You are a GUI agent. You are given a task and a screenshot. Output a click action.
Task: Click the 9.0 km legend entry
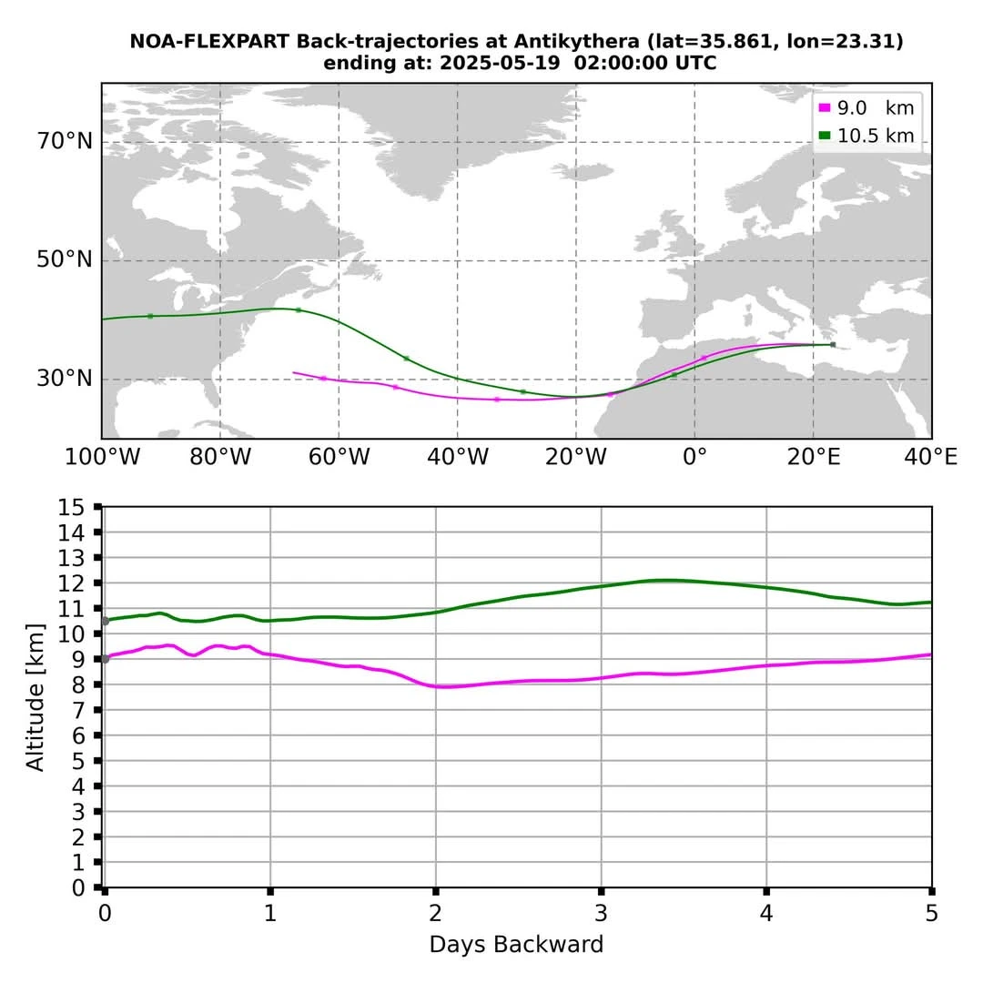tap(866, 108)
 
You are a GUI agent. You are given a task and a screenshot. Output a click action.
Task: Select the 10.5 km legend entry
tap(866, 137)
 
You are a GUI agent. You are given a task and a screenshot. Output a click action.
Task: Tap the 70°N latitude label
tap(65, 142)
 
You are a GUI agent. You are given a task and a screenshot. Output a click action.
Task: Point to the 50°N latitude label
tap(65, 260)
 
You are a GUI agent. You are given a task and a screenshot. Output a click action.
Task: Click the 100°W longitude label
tap(101, 457)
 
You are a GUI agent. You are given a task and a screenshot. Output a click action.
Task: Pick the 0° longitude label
tap(694, 457)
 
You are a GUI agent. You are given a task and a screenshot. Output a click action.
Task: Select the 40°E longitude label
tap(930, 457)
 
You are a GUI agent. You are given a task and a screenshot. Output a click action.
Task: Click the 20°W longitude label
tap(575, 457)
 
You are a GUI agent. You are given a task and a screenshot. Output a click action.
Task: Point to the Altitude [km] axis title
tap(35, 697)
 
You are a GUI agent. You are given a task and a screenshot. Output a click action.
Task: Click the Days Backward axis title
tap(516, 945)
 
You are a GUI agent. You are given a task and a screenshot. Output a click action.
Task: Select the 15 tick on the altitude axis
tap(70, 507)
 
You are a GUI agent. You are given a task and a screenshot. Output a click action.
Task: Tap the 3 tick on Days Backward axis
tap(601, 911)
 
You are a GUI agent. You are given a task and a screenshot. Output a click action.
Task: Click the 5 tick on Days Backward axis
tap(931, 911)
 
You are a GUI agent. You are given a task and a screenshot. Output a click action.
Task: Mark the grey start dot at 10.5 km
tap(105, 621)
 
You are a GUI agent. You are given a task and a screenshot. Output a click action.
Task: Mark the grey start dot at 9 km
tap(105, 659)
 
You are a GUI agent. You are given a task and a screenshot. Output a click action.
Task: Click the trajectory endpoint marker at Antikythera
tap(832, 344)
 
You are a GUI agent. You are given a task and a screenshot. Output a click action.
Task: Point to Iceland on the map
tap(593, 170)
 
